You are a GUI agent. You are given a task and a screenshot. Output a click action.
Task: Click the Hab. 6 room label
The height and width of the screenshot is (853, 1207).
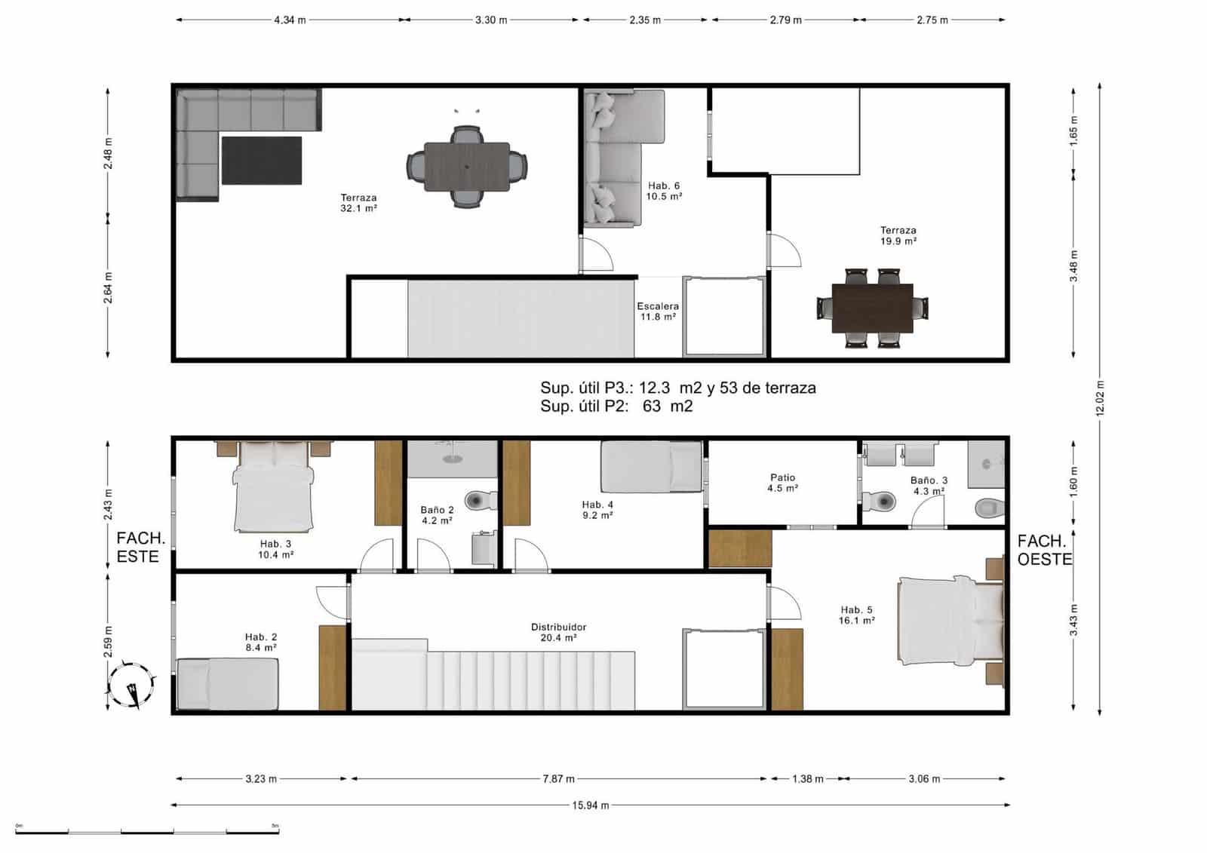coord(664,191)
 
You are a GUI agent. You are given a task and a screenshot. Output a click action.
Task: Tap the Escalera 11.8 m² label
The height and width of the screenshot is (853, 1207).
coord(658,311)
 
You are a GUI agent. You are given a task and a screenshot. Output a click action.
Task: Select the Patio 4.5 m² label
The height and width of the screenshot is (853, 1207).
coord(782,483)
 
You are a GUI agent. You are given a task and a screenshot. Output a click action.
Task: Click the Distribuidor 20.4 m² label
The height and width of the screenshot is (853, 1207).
coord(558,632)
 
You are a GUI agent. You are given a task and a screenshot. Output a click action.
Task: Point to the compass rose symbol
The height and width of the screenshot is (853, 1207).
coord(132,686)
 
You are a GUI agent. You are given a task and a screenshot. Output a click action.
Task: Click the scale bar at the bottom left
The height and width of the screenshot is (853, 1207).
coord(147,831)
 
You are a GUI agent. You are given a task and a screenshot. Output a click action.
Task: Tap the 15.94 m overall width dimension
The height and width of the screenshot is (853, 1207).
coord(590,805)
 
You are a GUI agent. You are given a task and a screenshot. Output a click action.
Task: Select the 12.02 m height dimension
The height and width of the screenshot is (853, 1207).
coord(1100,398)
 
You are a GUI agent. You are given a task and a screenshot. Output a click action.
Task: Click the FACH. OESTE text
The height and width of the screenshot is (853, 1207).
coord(1044,550)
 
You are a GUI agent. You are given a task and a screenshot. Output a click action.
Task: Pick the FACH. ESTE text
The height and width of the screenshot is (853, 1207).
coord(140,548)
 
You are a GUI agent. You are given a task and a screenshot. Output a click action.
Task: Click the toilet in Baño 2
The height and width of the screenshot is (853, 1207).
coord(480,500)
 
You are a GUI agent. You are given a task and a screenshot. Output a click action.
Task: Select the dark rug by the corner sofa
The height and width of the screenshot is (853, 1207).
coord(262,160)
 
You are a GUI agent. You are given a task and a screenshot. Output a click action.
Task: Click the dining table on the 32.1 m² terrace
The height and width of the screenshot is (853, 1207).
coord(466,167)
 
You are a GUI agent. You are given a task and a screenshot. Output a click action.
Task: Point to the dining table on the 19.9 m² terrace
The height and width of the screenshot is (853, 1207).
coord(872,308)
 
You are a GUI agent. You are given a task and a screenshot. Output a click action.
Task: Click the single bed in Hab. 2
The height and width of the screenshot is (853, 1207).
coord(227,684)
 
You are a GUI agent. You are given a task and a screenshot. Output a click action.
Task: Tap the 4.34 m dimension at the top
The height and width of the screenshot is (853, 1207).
coord(290,20)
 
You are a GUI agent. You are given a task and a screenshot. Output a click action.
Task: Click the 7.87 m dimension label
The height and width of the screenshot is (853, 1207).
coord(558,779)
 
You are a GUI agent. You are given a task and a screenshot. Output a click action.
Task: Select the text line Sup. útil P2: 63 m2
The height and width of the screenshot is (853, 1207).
coord(616,407)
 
